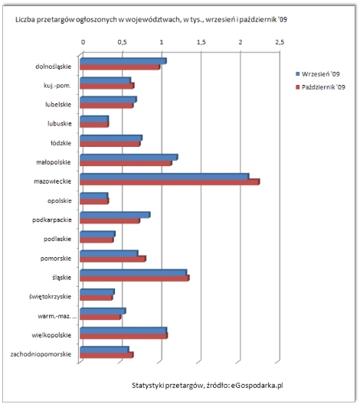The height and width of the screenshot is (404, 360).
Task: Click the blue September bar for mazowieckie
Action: (165, 177)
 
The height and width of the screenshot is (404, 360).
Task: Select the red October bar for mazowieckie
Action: (170, 182)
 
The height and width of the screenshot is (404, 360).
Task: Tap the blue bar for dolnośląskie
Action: (123, 61)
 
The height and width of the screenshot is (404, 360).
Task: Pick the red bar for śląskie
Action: (135, 279)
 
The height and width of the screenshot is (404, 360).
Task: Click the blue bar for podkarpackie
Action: (115, 215)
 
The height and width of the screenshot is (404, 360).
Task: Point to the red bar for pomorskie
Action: (113, 259)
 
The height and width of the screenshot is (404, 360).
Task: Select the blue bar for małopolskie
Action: (129, 158)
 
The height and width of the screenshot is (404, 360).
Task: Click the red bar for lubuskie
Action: (94, 125)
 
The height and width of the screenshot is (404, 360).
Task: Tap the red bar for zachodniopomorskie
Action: (106, 355)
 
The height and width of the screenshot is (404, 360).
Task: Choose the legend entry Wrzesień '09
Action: (318, 74)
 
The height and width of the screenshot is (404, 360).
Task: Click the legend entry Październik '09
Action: (320, 87)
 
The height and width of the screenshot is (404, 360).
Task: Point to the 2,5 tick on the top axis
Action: (280, 42)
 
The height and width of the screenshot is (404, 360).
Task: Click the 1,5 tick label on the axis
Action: (201, 42)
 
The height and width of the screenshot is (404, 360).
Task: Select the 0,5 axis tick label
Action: (123, 42)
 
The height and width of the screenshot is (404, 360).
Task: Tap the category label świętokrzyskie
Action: (50, 297)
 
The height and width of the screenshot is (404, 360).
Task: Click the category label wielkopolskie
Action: (51, 335)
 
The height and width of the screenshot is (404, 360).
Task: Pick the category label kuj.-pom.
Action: (57, 86)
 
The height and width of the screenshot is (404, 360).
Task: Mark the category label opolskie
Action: (59, 201)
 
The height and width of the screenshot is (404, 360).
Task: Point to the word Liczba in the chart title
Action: (25, 20)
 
